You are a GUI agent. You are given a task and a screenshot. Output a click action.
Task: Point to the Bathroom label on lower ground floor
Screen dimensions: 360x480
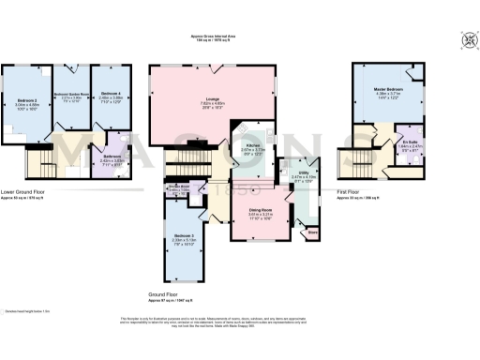coord(112,156)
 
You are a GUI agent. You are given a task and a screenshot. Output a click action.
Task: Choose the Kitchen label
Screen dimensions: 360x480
coord(253,144)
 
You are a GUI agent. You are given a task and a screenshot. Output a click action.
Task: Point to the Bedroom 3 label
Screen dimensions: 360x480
coord(184,235)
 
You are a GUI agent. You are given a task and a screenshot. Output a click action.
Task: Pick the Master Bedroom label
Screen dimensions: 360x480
coord(388,88)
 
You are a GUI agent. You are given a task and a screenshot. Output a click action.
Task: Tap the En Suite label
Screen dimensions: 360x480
coord(410,141)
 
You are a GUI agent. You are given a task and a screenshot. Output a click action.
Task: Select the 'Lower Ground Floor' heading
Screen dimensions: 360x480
coord(22,192)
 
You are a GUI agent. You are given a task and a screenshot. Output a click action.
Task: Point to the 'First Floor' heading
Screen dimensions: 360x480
coord(350,194)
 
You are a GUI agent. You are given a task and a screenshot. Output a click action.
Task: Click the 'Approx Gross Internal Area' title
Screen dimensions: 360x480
coord(212,36)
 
